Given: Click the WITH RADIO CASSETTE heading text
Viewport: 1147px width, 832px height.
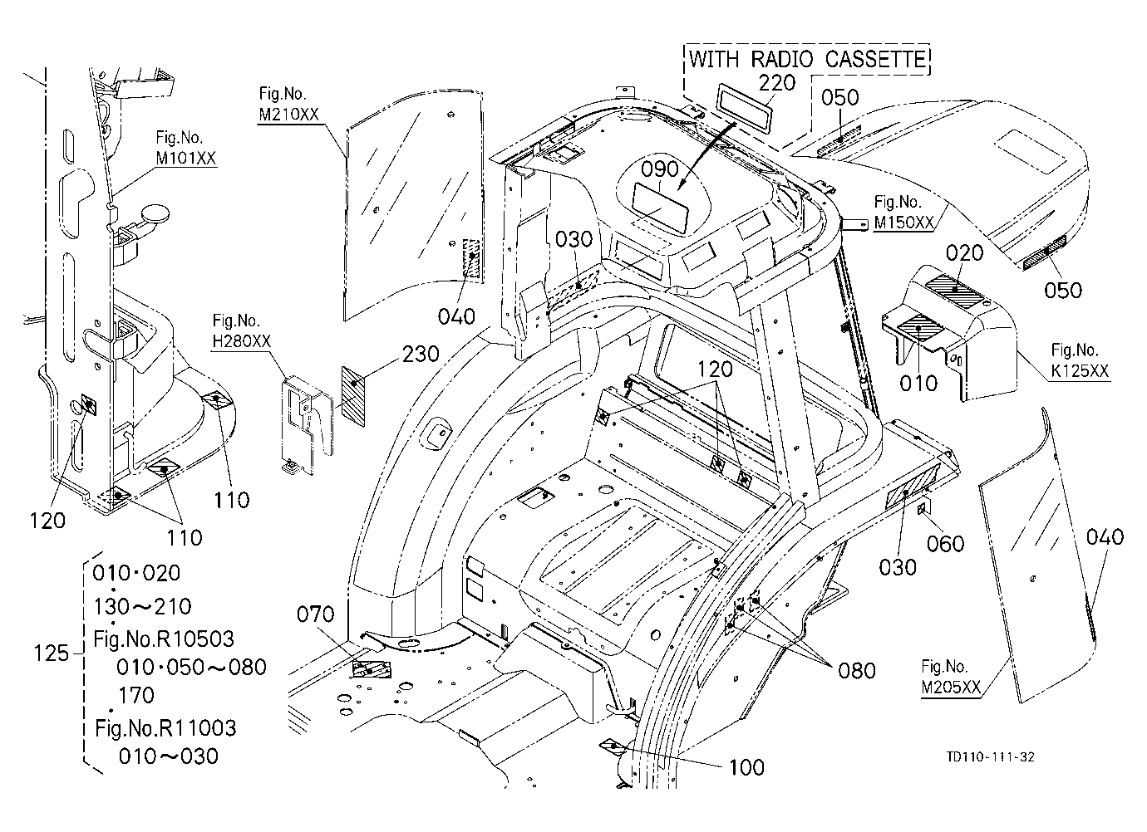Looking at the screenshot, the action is (x=808, y=59).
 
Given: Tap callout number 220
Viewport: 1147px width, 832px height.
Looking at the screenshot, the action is (x=777, y=82).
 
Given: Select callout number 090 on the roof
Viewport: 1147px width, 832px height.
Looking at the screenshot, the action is (x=660, y=169).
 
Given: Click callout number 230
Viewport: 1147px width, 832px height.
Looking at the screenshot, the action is (x=421, y=354).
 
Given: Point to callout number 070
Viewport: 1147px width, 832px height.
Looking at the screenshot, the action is (x=316, y=614).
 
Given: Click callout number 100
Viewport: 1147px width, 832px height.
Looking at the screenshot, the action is (x=746, y=767).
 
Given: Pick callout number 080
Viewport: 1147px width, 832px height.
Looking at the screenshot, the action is (x=857, y=670).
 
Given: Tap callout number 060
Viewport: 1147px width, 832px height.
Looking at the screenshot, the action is (x=945, y=543).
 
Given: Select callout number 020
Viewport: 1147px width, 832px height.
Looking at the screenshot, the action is (x=965, y=252).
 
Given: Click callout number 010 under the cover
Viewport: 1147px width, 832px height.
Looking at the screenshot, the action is (x=918, y=382).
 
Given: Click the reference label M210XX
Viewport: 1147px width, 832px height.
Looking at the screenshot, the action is (x=288, y=114).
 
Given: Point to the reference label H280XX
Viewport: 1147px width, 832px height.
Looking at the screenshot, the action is (x=241, y=340).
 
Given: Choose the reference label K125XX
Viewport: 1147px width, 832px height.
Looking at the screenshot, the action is (x=1080, y=370).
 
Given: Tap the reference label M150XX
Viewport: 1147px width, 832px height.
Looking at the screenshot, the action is (x=904, y=222).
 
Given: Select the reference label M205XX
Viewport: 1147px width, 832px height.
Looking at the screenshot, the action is (x=951, y=687).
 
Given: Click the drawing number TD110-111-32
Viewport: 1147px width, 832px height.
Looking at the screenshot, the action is (x=990, y=756).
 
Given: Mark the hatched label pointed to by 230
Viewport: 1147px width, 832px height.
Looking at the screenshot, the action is (x=353, y=396).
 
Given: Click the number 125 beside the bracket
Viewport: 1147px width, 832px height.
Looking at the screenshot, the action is (x=51, y=653).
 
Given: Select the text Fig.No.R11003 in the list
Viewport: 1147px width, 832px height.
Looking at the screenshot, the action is (x=165, y=727).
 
